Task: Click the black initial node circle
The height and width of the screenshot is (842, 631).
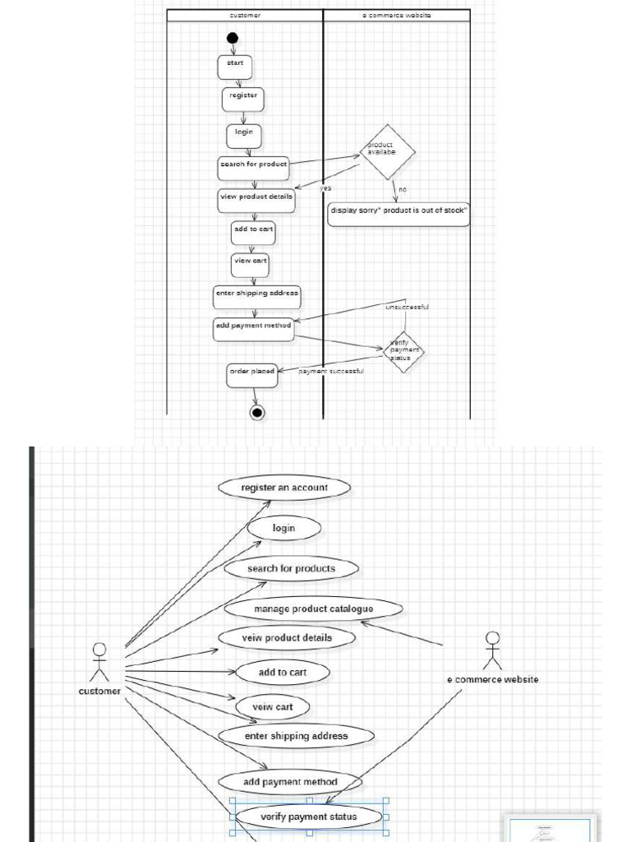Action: click(233, 38)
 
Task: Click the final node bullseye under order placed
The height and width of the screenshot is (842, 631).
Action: click(257, 413)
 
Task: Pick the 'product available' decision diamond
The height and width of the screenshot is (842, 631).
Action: click(388, 152)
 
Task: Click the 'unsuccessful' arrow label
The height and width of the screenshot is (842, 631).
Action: click(407, 308)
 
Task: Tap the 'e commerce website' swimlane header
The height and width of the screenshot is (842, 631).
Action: click(397, 16)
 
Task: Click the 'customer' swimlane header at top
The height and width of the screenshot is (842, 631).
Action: click(245, 16)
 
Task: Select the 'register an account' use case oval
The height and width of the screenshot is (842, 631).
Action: click(284, 488)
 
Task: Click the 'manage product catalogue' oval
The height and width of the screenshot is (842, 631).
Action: click(313, 609)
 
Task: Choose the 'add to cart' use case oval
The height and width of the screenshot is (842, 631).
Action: click(283, 673)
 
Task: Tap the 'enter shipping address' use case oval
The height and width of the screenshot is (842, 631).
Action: click(296, 736)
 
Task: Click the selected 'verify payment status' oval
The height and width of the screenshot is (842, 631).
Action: click(308, 817)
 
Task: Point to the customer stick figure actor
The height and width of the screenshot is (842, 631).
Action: click(99, 662)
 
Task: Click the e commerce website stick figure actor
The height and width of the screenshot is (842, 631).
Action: click(492, 650)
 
